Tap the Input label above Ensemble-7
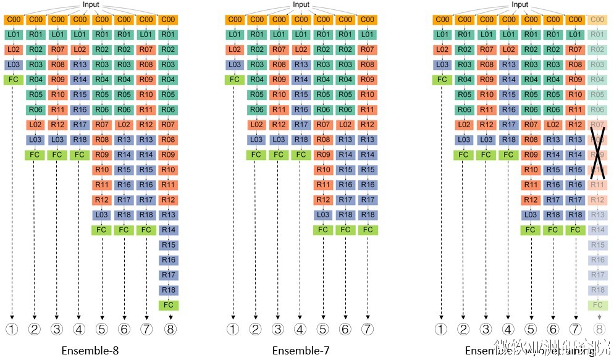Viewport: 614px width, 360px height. [x=301, y=5]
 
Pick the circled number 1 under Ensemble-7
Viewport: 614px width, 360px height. [x=233, y=329]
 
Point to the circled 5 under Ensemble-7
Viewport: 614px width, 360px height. [x=323, y=329]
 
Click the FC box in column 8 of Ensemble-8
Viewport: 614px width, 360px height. [x=168, y=305]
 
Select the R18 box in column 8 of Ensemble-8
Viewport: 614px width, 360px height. [x=168, y=290]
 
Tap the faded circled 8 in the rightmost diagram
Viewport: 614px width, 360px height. [x=598, y=329]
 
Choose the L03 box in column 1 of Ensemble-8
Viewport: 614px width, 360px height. [x=12, y=64]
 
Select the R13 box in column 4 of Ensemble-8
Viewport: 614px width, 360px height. [x=79, y=64]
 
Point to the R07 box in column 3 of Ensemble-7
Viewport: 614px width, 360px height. [x=279, y=49]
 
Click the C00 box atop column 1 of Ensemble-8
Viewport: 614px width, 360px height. [x=12, y=19]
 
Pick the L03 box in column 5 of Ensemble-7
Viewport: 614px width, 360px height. [x=323, y=214]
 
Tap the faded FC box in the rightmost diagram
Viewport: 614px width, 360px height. [x=598, y=305]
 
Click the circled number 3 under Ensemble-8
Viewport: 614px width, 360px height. [x=57, y=329]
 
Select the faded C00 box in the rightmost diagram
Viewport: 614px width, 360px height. [x=598, y=19]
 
